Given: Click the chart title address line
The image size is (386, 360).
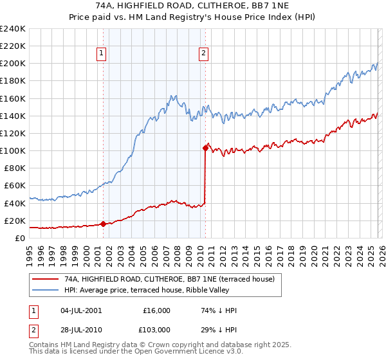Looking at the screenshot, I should [192, 6].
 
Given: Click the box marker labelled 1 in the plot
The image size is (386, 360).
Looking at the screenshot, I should [102, 54].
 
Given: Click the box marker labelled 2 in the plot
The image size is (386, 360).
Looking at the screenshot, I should [203, 54].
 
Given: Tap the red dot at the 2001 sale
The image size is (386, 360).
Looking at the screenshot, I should [103, 224].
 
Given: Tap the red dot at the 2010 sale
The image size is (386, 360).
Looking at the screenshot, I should [205, 148].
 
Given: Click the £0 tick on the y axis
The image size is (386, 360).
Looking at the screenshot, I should [21, 238].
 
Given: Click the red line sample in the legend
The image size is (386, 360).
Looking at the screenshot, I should [45, 279].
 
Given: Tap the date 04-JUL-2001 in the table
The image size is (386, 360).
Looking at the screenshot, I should [80, 310].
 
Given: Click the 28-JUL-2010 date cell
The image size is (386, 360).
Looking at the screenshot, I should [80, 328].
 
